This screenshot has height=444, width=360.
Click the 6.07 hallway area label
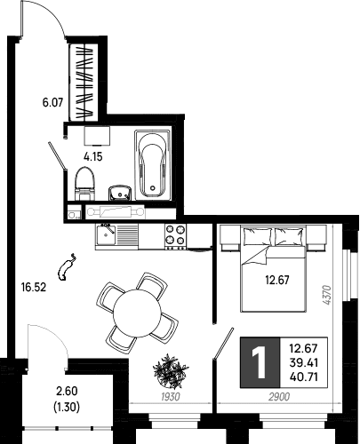[x=53, y=103]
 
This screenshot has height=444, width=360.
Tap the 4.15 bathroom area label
[x=93, y=156]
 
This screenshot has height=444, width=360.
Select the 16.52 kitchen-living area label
[x=34, y=287]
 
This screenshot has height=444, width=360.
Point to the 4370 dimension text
[x=326, y=295]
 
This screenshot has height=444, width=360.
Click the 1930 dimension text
[x=171, y=397]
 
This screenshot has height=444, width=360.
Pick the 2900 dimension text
[x=279, y=397]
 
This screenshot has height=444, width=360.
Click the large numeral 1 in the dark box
[x=260, y=362]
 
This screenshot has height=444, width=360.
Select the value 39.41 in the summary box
[x=304, y=362]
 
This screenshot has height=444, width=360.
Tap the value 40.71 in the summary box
[x=304, y=377]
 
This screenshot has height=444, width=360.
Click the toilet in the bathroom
[x=84, y=184]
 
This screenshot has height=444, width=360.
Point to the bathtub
[x=153, y=164]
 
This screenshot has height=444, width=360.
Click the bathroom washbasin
[x=120, y=193]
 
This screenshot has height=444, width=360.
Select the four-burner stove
[x=175, y=236]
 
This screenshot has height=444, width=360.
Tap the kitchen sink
[x=106, y=234]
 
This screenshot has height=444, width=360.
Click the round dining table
[x=137, y=313]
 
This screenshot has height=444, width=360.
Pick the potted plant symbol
[x=171, y=371]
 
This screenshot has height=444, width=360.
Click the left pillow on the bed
[x=257, y=236]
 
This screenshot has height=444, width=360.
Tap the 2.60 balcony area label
[x=67, y=391]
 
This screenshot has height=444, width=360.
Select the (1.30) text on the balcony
[x=67, y=408]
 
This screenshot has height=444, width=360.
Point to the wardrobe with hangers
[x=84, y=83]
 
